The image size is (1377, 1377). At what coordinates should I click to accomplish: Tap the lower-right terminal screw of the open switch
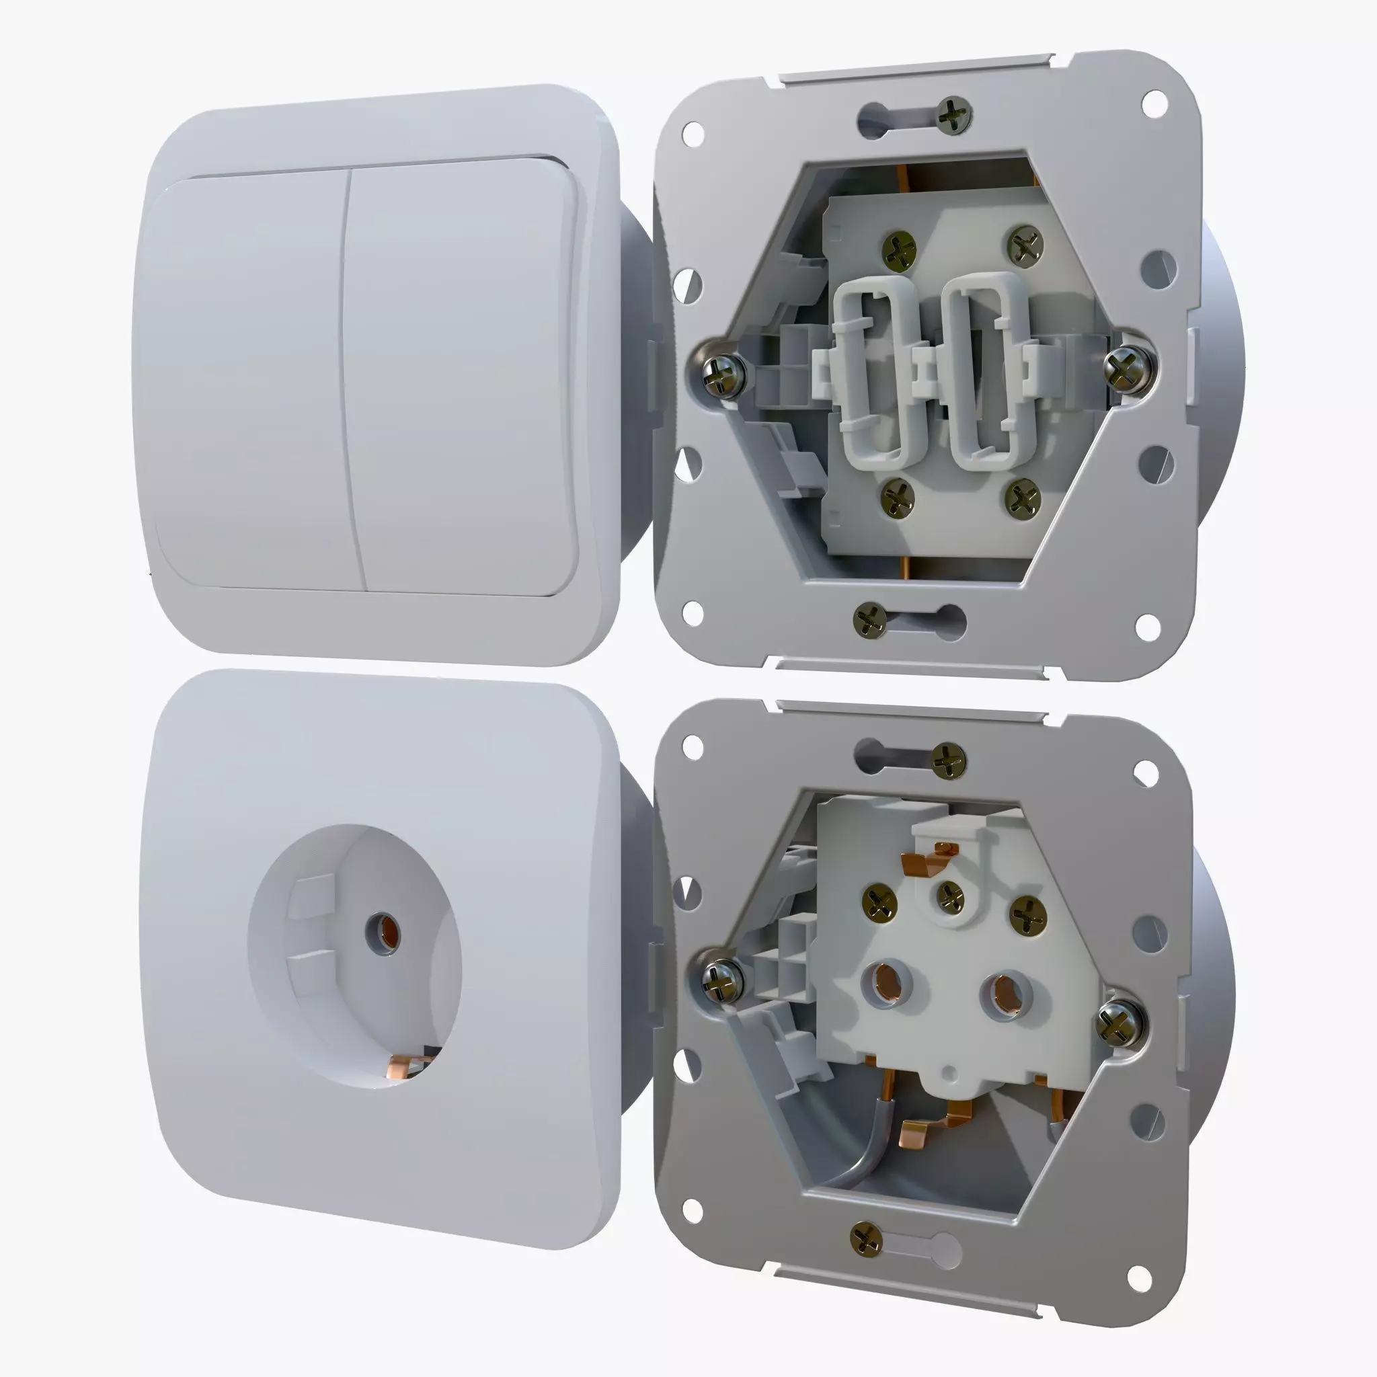(1023, 497)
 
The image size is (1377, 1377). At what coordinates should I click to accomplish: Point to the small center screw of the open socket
(950, 895)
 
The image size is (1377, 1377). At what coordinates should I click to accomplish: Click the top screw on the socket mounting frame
(949, 760)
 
